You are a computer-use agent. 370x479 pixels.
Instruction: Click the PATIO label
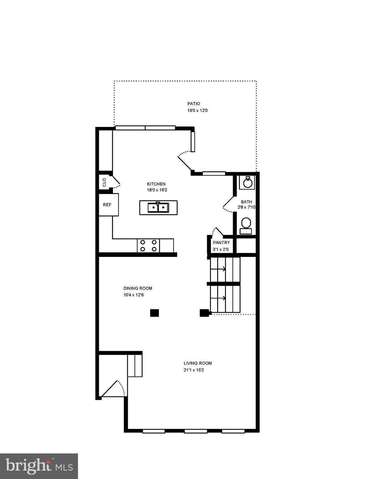coord(193,104)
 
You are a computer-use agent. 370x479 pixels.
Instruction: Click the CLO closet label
coord(105,182)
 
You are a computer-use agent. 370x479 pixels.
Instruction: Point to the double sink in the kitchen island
coord(158,207)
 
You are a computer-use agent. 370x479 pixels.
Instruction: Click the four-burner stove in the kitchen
coord(148,245)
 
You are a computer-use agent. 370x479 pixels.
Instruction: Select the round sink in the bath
coord(247,183)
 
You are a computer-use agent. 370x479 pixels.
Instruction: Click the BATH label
coord(246,202)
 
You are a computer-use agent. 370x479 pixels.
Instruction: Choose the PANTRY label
coord(221,243)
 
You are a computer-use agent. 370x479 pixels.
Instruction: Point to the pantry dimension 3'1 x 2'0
coord(221,249)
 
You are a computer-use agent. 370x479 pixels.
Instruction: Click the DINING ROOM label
coord(138,288)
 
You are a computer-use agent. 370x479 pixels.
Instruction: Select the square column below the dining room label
coord(154,313)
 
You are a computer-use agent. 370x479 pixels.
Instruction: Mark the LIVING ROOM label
coord(197,363)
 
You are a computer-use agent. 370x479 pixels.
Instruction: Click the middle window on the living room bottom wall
coord(196,431)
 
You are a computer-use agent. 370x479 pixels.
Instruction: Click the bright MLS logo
coord(39,466)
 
